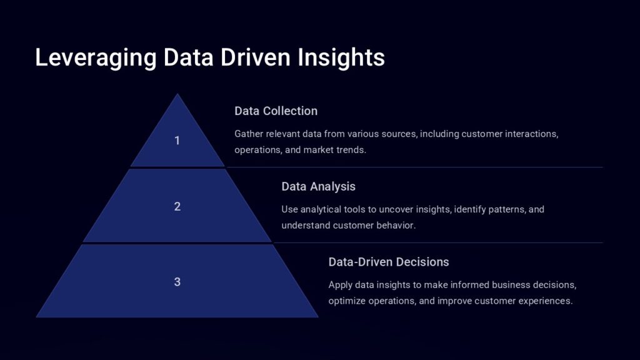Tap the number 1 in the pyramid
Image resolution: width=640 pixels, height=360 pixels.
point(177,141)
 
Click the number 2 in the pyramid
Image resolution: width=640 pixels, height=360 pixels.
point(177,206)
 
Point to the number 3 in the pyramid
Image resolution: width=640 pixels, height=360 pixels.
point(177,282)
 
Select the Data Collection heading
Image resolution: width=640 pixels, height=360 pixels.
point(276,111)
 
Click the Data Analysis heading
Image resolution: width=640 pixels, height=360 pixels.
point(318,186)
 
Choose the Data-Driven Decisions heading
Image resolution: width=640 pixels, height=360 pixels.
point(388,262)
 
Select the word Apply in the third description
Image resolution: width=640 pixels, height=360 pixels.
point(340,285)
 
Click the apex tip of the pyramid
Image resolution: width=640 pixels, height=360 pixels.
point(177,94)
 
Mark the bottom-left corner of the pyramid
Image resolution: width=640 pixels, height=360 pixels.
point(37,316)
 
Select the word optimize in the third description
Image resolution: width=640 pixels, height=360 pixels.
point(347,301)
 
